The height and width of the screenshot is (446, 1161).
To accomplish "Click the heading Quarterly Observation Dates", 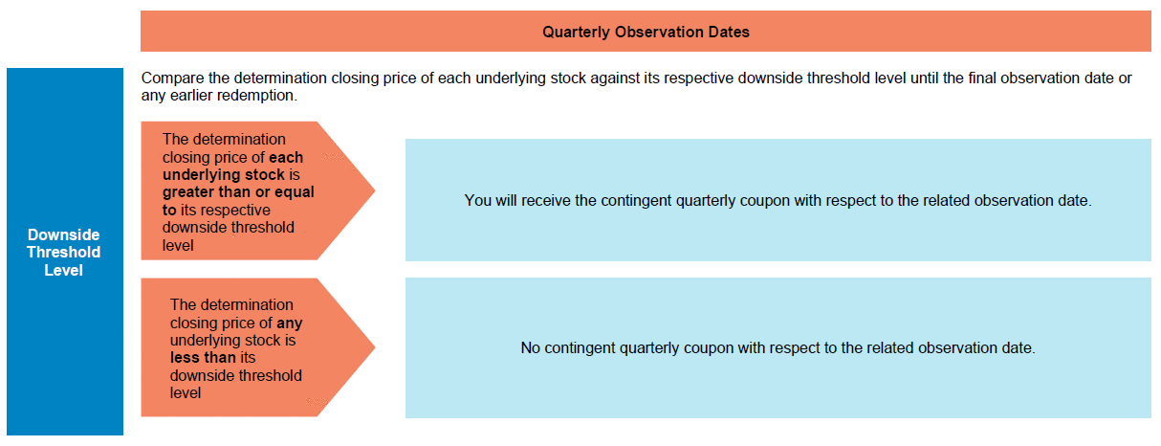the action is [646, 33].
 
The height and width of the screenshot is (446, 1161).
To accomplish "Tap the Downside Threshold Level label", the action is [64, 252].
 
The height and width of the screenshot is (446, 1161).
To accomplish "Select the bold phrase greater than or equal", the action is [238, 192].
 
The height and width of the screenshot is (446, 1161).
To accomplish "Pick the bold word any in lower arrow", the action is [289, 323].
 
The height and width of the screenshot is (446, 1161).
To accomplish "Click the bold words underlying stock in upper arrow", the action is [224, 175].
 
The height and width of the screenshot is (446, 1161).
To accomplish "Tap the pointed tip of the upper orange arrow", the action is [375, 190].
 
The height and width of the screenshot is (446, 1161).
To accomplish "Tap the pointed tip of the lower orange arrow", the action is [375, 347].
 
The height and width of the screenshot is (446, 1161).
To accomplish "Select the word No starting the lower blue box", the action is [530, 348].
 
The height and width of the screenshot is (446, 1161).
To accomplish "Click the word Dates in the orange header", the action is [729, 33].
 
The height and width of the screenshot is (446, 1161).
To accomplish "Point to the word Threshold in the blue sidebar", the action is [64, 253].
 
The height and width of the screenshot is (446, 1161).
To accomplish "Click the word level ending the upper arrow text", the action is [178, 245].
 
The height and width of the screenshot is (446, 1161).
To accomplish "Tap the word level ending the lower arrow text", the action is [186, 393].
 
